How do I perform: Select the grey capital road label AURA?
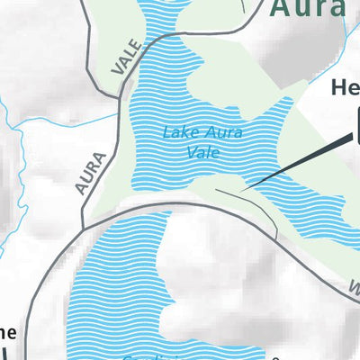point(92,173)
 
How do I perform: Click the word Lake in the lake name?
point(178,133)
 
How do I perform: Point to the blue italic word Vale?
point(203,152)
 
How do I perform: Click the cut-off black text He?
point(345,88)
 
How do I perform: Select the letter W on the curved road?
point(355,291)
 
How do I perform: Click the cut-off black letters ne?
point(7,330)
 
